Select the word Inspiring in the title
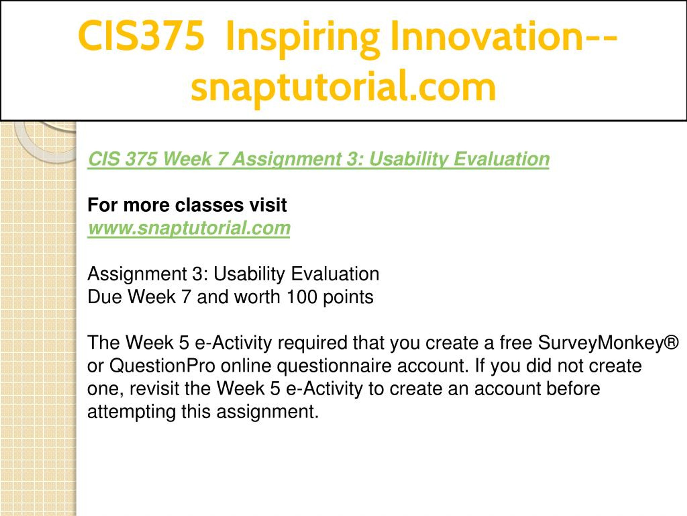302,39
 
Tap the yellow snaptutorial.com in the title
343,87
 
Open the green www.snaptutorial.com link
189,228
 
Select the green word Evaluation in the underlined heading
501,159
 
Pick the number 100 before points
302,297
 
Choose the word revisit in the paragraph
154,389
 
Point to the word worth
257,297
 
